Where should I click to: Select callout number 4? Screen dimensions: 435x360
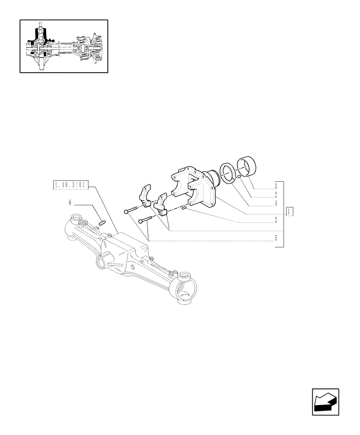(x=276, y=203)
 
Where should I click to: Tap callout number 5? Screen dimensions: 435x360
(x=276, y=239)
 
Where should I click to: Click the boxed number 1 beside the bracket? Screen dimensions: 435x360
(x=290, y=211)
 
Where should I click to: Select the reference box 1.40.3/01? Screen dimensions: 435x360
(x=70, y=186)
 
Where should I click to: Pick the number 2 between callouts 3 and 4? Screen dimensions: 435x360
(x=276, y=195)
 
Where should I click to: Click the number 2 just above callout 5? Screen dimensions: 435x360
(x=276, y=220)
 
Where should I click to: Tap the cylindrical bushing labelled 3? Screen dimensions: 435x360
(x=247, y=168)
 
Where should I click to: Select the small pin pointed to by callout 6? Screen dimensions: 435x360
(x=103, y=223)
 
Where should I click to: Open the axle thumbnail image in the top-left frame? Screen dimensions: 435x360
(x=63, y=46)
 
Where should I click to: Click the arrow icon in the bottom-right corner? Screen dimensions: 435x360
(x=325, y=402)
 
